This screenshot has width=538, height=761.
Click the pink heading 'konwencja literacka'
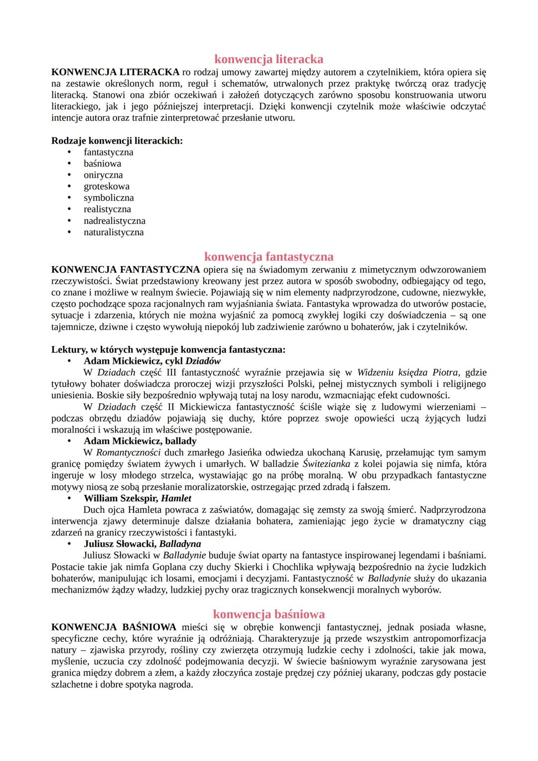tap(269, 59)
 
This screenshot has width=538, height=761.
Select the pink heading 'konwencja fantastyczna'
tap(269, 257)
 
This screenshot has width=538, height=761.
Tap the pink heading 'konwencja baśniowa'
tap(269, 614)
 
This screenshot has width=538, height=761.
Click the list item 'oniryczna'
tap(103, 175)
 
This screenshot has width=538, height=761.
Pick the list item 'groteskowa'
tap(107, 186)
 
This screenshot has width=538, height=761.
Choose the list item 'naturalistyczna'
tap(114, 232)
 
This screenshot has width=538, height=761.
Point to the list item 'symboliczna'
tap(109, 198)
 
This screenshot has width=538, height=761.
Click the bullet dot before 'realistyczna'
tap(70, 209)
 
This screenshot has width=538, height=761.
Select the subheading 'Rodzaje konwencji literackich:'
tap(117, 141)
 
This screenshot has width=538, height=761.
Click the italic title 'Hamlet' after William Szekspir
tap(176, 498)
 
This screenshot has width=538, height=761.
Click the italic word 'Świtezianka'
tap(326, 464)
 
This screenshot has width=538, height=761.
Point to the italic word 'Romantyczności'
tap(129, 453)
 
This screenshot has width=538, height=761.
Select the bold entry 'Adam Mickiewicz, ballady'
tap(140, 441)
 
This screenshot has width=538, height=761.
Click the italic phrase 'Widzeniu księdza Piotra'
tap(407, 372)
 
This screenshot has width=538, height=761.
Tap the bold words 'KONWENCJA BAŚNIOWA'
tap(114, 627)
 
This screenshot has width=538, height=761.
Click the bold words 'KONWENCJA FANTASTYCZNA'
tap(126, 270)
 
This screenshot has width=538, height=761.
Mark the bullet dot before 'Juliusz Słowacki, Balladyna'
tap(70, 544)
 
